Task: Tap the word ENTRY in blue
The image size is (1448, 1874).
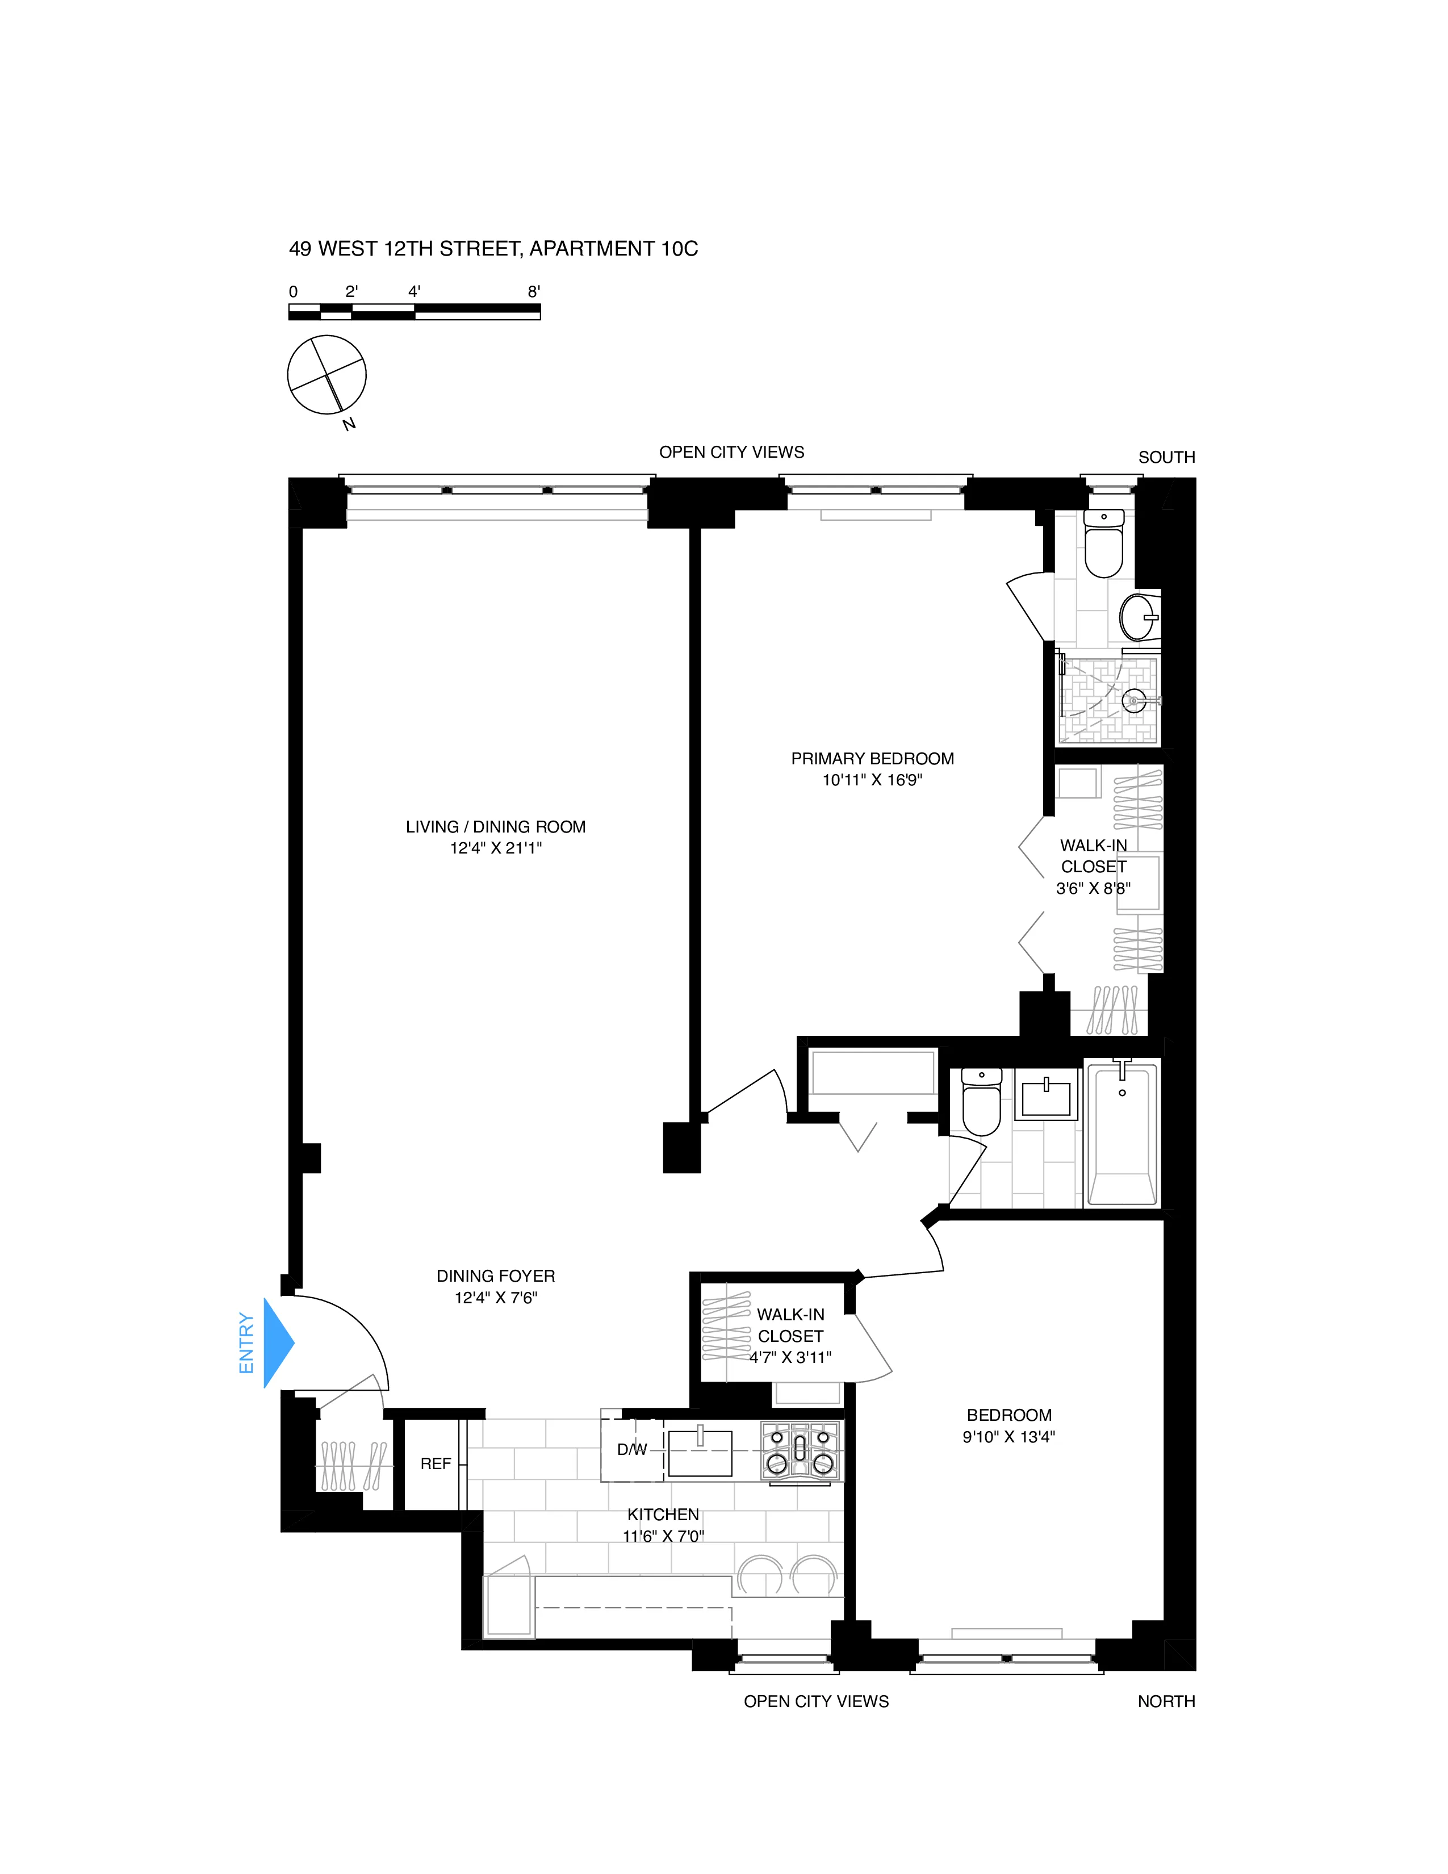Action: pos(246,1343)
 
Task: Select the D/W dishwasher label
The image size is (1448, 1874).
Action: pos(632,1449)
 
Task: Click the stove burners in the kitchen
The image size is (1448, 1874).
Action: pos(800,1450)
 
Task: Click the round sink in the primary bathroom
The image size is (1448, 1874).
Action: pos(1139,616)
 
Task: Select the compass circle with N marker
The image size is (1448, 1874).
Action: pos(327,375)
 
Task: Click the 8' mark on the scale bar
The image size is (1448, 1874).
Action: pos(534,292)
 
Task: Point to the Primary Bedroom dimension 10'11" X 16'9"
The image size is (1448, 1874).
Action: pos(872,780)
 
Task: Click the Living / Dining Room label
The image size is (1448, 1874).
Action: pos(495,826)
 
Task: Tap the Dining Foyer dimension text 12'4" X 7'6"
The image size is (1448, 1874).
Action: pos(495,1298)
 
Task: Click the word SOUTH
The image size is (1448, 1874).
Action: pos(1166,457)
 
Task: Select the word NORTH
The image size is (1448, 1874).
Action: pos(1166,1701)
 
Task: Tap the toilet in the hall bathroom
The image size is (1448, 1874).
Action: pos(981,1103)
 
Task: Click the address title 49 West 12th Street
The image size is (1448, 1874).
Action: pos(493,249)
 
